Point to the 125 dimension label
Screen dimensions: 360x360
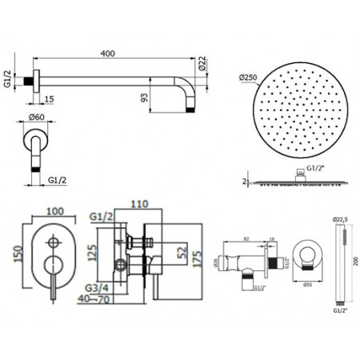[93, 254]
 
